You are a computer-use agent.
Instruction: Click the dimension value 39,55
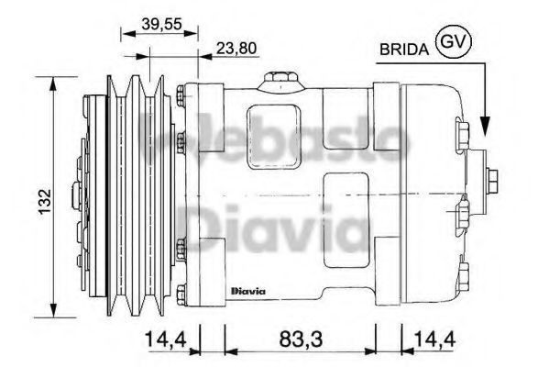161,24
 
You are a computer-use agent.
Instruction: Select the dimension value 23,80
236,48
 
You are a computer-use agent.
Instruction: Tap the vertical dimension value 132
45,201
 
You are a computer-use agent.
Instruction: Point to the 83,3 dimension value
301,339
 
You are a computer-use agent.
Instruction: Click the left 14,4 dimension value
167,339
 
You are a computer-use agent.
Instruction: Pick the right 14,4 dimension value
434,339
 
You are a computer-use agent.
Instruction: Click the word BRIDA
404,50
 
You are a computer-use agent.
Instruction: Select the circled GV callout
454,41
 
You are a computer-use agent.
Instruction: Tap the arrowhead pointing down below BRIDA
485,126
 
